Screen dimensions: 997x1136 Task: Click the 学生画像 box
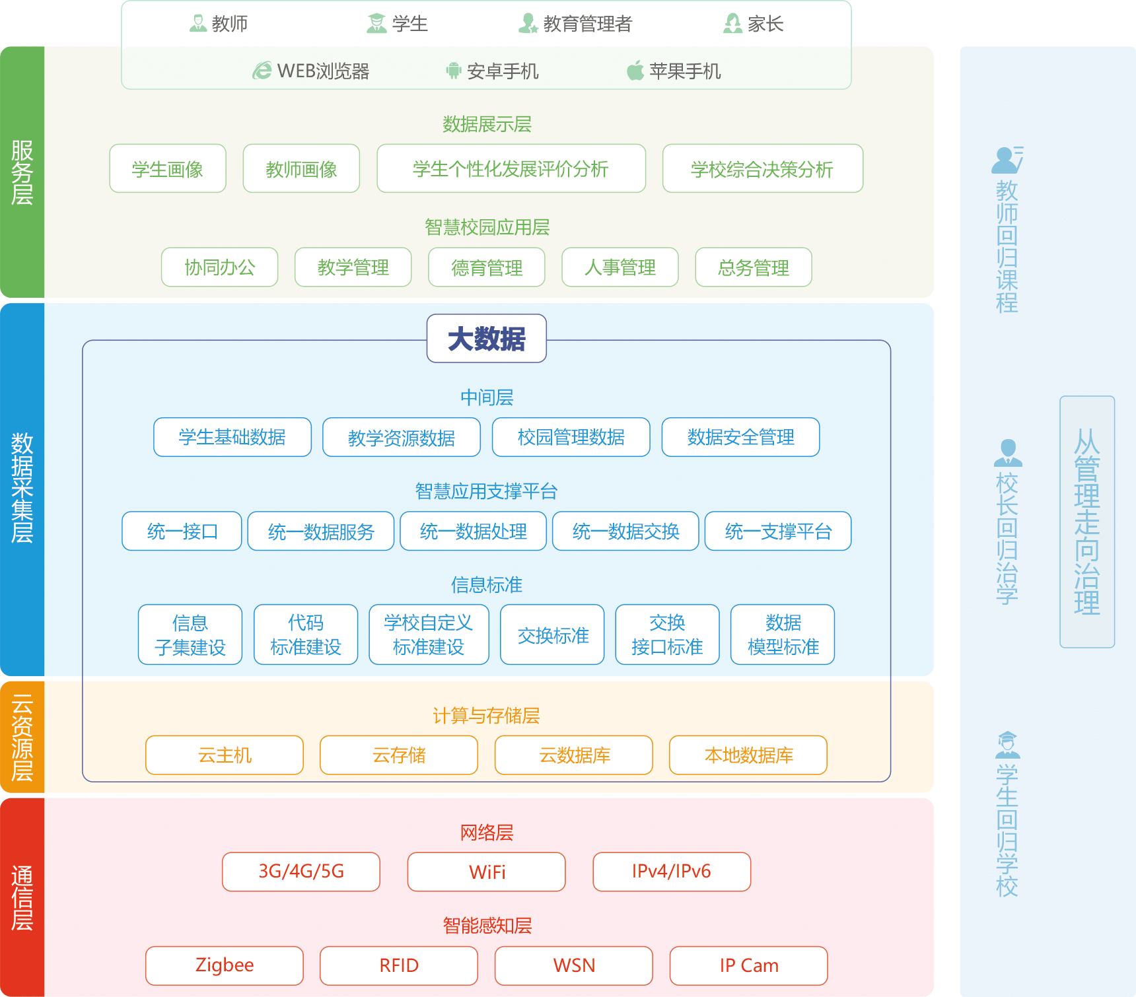click(x=168, y=169)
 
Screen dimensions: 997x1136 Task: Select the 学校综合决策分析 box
click(x=762, y=169)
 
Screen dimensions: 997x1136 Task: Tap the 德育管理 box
click(x=487, y=267)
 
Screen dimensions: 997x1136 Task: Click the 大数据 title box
click(x=487, y=339)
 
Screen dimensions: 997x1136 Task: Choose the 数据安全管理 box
click(x=740, y=437)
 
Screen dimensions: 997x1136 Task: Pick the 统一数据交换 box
click(x=625, y=532)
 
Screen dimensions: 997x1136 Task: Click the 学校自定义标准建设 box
click(x=429, y=635)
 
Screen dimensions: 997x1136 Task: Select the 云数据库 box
click(x=574, y=755)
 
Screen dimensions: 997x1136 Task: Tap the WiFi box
click(x=487, y=872)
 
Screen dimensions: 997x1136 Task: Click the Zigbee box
click(x=225, y=965)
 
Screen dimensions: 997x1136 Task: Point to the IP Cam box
click(x=748, y=965)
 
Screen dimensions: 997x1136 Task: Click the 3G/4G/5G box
click(x=301, y=872)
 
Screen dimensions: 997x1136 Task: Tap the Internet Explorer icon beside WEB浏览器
click(x=262, y=71)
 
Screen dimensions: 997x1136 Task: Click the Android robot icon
click(x=453, y=71)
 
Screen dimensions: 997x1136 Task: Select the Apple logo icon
click(x=635, y=70)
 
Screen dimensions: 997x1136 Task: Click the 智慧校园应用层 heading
click(x=487, y=227)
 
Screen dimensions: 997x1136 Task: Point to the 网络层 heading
click(x=487, y=833)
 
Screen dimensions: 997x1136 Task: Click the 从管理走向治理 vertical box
click(x=1087, y=522)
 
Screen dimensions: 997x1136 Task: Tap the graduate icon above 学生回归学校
click(x=1007, y=745)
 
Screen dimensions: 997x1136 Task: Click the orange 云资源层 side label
click(x=22, y=737)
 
